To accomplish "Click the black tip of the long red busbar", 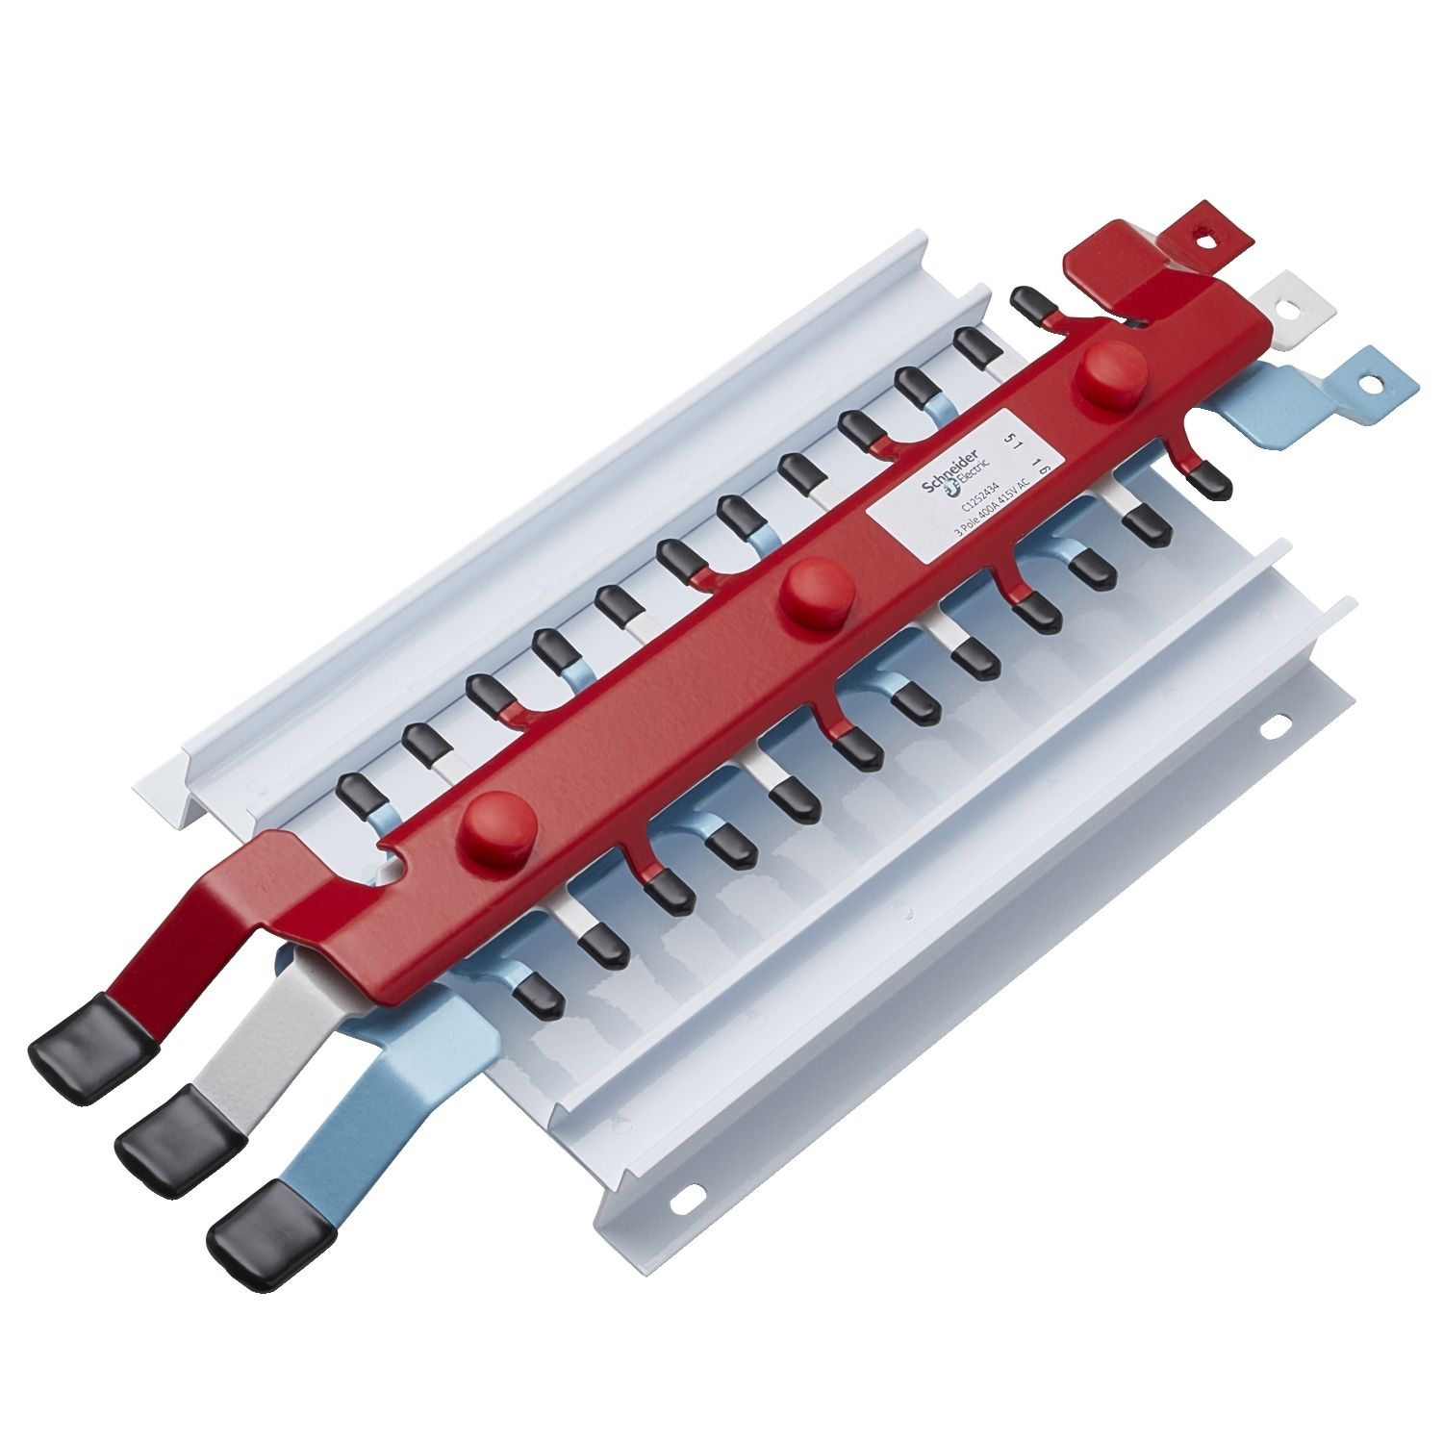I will point(92,1036).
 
